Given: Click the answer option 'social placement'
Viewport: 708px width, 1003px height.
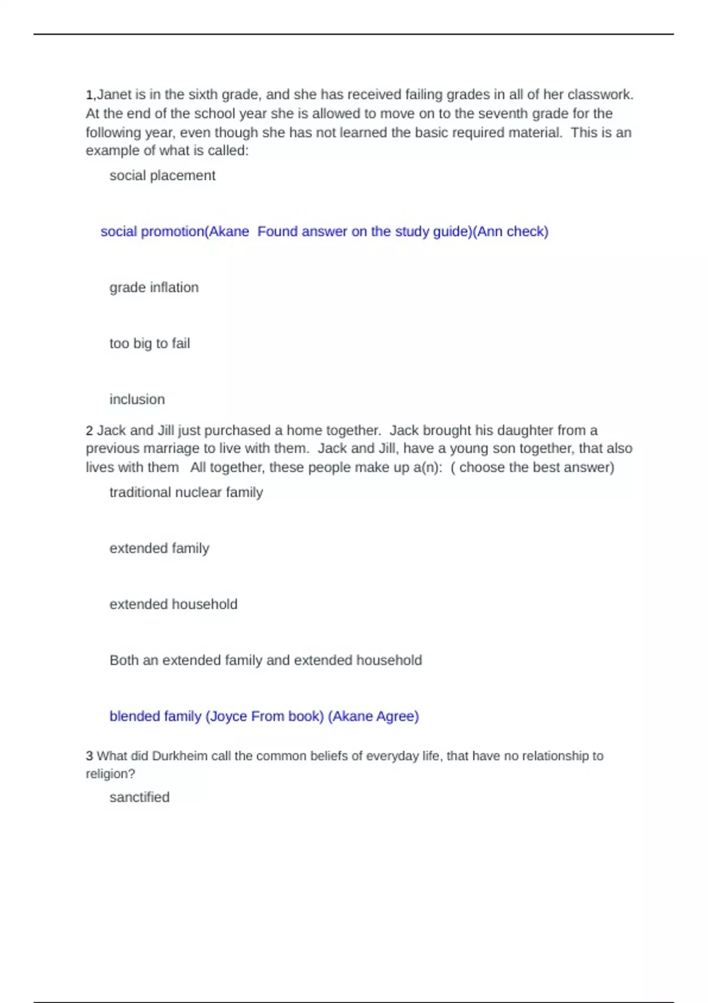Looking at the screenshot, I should (162, 176).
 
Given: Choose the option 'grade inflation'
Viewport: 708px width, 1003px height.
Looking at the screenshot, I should (154, 287).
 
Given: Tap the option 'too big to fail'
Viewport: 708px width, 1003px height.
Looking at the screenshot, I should (149, 343).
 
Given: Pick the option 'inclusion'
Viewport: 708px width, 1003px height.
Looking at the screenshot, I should (137, 399).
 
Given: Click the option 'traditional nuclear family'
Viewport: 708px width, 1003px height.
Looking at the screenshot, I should (186, 492).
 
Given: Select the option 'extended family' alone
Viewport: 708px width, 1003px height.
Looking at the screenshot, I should (159, 548).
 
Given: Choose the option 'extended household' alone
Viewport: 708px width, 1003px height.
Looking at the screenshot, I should (173, 604).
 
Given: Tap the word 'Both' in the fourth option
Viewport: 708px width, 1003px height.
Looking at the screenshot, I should (124, 660).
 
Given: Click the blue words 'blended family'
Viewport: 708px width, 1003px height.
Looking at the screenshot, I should (155, 716).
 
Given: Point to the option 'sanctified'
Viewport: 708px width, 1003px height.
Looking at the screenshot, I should (139, 797).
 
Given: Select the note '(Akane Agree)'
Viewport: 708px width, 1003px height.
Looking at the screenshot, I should (373, 716).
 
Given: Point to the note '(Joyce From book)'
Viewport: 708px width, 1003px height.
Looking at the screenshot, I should (264, 716).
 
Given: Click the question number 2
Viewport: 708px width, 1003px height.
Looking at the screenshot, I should (89, 431).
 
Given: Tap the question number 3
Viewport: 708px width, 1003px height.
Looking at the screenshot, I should (89, 756).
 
